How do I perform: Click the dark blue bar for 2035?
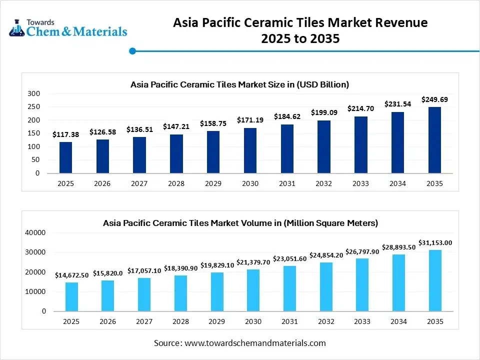pos(434,140)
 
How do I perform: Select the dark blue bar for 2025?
pos(65,157)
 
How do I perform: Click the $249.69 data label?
pos(434,99)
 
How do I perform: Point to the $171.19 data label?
pos(250,120)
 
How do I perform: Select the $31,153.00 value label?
pos(434,242)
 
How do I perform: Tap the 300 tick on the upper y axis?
pos(33,93)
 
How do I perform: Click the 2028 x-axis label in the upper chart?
pos(176,183)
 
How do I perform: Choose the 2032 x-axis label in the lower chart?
pos(323,321)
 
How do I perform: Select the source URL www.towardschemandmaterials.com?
pos(255,343)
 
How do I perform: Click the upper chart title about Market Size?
pos(239,84)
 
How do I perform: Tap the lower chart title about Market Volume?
pos(240,223)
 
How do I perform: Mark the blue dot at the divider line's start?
pos(132,50)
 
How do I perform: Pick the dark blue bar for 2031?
pos(287,148)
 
